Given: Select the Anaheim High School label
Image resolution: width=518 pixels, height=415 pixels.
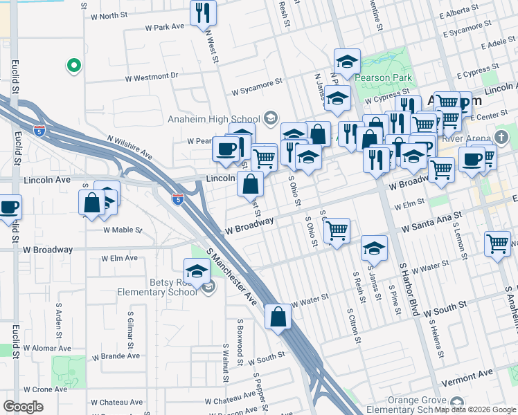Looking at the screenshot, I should pyautogui.click(x=213, y=119).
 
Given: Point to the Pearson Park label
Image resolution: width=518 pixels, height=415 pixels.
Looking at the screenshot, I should pyautogui.click(x=384, y=78).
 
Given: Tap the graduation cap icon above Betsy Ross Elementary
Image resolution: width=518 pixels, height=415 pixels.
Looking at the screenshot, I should pyautogui.click(x=197, y=270).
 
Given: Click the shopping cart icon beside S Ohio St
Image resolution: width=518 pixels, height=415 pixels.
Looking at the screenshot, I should pyautogui.click(x=337, y=230).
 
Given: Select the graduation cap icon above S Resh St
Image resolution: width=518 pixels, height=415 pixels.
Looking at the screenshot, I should pyautogui.click(x=374, y=248).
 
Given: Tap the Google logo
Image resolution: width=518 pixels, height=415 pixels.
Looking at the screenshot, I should pyautogui.click(x=23, y=407).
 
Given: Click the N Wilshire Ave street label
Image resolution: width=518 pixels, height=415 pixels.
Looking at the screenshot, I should pyautogui.click(x=129, y=147).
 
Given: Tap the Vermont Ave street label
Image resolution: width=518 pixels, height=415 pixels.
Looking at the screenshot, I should pyautogui.click(x=468, y=373).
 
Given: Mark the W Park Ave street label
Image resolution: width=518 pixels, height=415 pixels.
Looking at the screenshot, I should pyautogui.click(x=165, y=27).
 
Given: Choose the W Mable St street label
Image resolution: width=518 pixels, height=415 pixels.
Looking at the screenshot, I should pyautogui.click(x=122, y=230).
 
